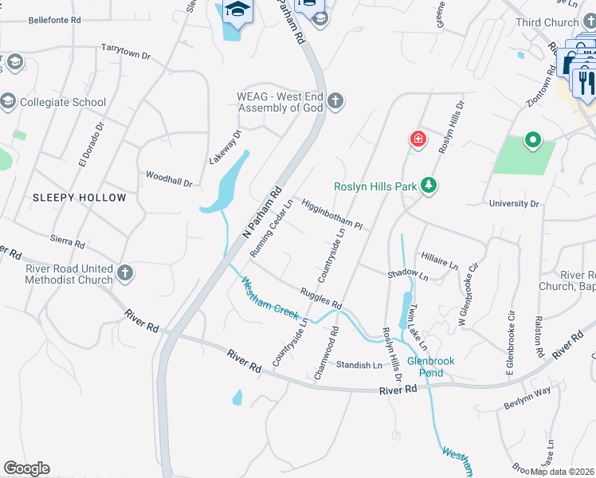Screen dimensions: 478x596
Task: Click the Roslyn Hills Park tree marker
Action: (x=429, y=186)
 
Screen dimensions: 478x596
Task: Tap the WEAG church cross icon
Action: (x=335, y=100)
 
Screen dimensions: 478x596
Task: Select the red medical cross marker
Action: (x=418, y=140)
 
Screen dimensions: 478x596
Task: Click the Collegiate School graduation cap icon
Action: (x=8, y=101)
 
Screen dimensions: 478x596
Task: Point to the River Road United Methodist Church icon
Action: (x=124, y=273)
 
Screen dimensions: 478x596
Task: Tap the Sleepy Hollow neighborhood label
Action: (x=79, y=198)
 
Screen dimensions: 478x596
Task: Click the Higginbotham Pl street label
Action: (x=331, y=214)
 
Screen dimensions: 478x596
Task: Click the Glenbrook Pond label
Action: (x=430, y=366)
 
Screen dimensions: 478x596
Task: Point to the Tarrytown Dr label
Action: (x=125, y=52)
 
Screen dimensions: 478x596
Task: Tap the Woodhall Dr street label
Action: (x=169, y=178)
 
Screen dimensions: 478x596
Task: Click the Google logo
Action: (x=26, y=468)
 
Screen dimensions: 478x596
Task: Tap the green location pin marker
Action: (x=532, y=141)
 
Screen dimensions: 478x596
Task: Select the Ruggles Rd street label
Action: (x=320, y=299)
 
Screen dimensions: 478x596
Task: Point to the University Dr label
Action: (x=514, y=204)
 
